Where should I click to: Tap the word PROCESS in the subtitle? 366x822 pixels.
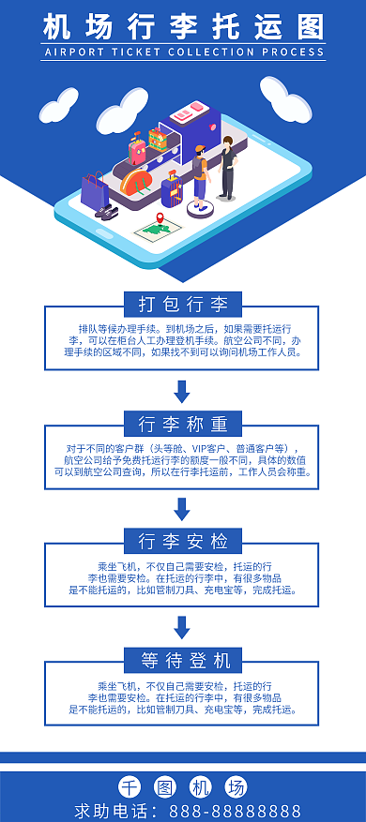(x=293, y=53)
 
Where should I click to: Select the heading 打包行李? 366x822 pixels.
(x=183, y=304)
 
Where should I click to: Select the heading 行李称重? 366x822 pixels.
(x=183, y=423)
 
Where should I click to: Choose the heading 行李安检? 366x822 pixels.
(x=183, y=541)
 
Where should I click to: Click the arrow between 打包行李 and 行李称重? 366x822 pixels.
(x=183, y=391)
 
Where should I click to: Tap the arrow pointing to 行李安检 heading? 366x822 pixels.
(x=183, y=509)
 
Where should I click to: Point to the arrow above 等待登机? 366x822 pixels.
(x=183, y=627)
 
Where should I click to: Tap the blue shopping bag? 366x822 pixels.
(x=95, y=190)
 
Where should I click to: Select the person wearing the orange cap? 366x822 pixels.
(x=199, y=175)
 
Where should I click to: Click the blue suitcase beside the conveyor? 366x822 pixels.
(x=170, y=190)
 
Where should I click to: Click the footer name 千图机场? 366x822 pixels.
(x=183, y=786)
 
